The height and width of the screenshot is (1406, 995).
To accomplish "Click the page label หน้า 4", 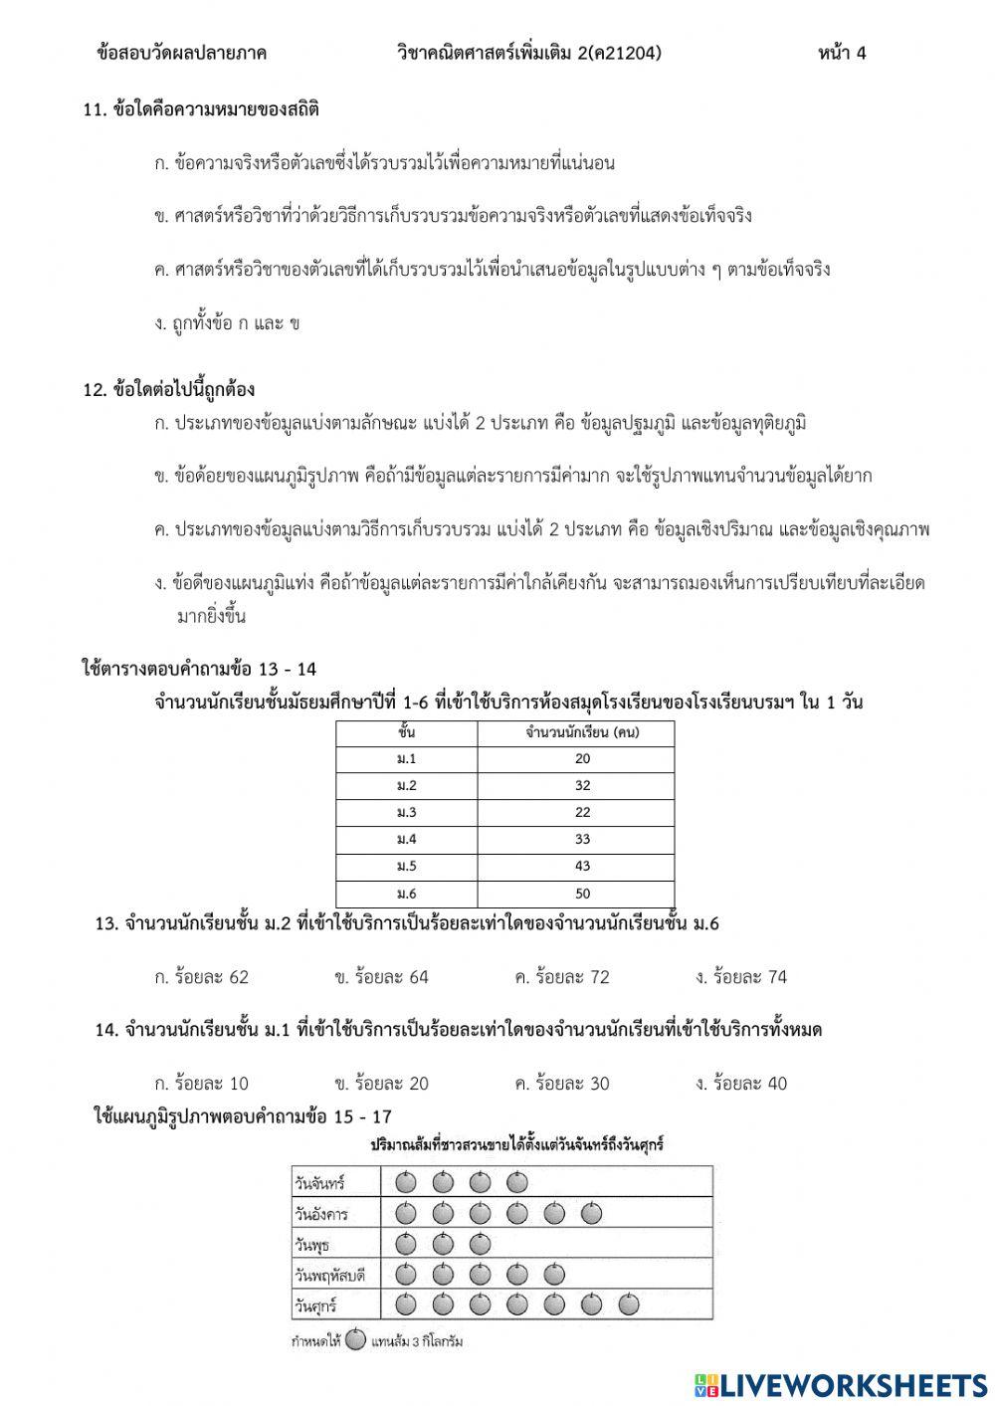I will click(x=842, y=53).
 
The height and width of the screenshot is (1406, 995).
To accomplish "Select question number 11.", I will click(x=95, y=110).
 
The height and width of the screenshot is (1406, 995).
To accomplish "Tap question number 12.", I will click(x=95, y=390).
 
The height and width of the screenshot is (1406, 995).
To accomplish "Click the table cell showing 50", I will click(x=582, y=893).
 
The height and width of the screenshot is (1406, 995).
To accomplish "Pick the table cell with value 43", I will click(x=582, y=866).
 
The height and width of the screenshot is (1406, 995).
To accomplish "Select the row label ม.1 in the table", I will click(x=406, y=758).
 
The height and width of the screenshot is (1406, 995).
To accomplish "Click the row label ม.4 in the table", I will click(x=406, y=839).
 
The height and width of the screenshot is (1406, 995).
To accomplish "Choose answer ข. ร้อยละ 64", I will click(x=381, y=977).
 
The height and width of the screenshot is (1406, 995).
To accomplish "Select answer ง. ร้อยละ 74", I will click(x=741, y=977).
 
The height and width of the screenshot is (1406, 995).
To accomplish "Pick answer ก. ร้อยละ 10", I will click(x=201, y=1084).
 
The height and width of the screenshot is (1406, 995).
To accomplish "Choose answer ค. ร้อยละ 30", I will click(x=561, y=1084).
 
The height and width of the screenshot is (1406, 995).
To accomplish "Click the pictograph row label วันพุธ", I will click(x=311, y=1245).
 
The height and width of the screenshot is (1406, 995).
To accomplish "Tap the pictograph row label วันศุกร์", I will click(x=315, y=1305).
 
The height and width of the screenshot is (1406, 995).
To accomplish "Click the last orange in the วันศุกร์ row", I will click(x=629, y=1305).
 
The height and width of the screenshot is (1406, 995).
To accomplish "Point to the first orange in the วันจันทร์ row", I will click(x=405, y=1183).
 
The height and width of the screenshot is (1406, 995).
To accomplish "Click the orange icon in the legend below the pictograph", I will click(x=356, y=1340).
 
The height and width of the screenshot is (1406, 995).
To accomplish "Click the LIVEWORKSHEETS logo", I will click(x=841, y=1384).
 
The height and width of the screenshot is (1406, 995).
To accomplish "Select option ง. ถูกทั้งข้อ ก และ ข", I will click(x=227, y=323).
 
